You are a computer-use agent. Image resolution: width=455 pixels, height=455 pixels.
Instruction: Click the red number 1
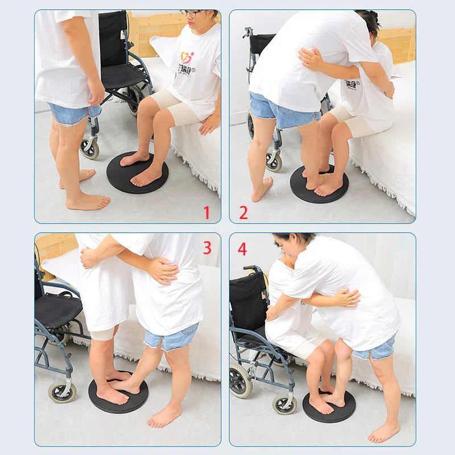point(206,213)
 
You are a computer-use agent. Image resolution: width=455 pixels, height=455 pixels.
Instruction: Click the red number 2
point(243,213)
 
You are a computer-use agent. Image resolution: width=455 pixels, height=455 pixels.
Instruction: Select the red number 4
point(242,249)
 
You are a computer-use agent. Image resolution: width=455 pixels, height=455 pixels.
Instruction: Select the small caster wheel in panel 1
point(89,148)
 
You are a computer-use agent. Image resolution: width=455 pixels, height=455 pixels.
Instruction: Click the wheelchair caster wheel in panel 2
point(274,162)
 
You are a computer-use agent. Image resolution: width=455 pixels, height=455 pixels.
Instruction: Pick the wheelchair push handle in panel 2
point(247,31)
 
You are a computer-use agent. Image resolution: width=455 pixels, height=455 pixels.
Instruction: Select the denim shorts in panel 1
point(71,113)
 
